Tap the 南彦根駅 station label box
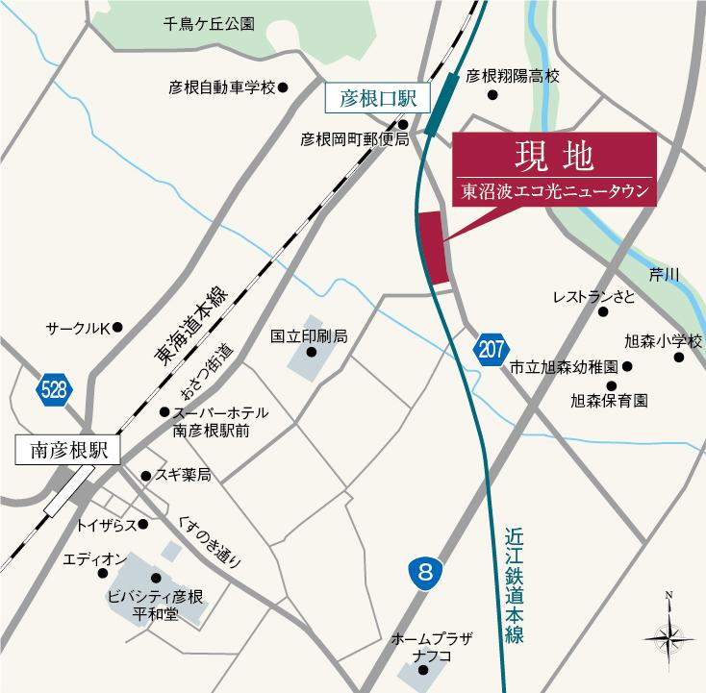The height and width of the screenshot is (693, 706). (66, 449)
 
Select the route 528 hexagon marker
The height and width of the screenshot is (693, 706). (53, 389)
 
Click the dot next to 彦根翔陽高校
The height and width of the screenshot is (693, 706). (492, 95)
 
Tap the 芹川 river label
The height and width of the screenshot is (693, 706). (664, 275)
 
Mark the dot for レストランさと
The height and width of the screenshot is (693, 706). (603, 311)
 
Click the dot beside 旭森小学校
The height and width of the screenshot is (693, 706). (678, 358)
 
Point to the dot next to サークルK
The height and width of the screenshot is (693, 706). (118, 328)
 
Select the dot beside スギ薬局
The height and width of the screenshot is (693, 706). (145, 476)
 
